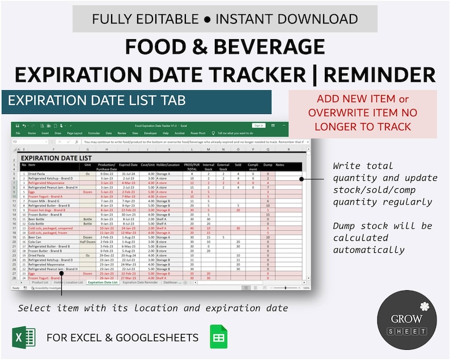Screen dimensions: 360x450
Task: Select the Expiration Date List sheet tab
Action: click(103, 282)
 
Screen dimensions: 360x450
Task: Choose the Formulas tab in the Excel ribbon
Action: click(93, 133)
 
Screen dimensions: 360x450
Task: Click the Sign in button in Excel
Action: click(258, 125)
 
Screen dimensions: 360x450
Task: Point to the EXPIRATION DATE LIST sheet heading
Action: click(56, 158)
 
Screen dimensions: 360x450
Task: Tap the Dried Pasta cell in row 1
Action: click(37, 174)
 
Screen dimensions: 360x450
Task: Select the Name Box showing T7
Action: click(23, 142)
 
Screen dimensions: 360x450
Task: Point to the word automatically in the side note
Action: click(368, 250)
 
